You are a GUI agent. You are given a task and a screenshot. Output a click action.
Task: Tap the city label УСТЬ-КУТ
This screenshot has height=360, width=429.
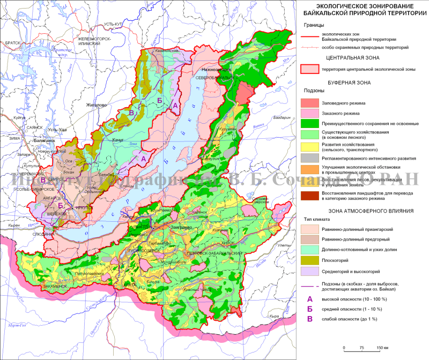115,25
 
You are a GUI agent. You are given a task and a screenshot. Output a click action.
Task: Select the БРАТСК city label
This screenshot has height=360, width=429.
10,42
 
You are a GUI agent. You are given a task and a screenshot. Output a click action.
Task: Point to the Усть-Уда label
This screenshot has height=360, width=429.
57,130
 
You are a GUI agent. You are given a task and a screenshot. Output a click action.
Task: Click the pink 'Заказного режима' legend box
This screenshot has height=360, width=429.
310,114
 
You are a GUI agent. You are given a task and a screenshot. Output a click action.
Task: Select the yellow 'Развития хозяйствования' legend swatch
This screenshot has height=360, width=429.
310,147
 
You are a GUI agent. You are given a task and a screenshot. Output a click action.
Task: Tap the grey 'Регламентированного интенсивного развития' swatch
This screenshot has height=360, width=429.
310,159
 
